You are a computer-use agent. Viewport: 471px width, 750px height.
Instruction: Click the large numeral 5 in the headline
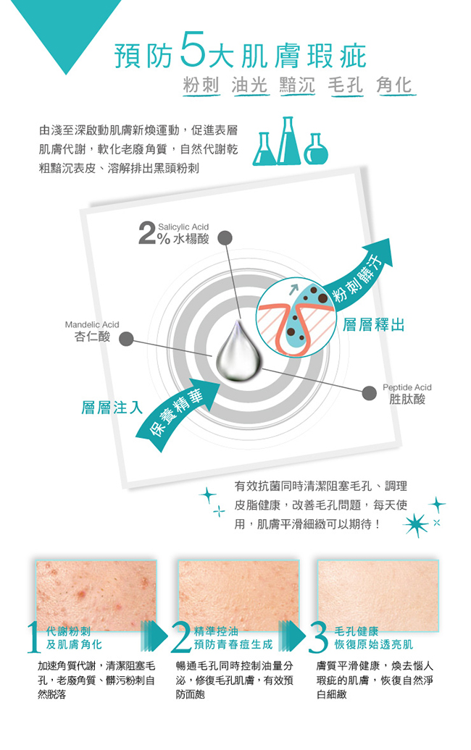(194, 50)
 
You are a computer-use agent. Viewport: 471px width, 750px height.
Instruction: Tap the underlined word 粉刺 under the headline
(201, 85)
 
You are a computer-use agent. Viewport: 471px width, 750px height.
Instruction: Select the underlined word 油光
(249, 85)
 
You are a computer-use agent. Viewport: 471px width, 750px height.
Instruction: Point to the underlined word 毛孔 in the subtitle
(345, 85)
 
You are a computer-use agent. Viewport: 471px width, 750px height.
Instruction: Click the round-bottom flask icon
(316, 149)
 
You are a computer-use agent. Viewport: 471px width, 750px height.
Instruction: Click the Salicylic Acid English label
(183, 227)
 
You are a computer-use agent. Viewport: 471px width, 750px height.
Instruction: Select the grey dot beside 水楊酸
(225, 238)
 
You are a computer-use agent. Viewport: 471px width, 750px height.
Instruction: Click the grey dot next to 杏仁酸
(126, 339)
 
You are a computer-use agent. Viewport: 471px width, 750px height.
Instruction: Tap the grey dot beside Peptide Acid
(368, 393)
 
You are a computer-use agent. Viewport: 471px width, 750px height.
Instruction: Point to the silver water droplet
(238, 352)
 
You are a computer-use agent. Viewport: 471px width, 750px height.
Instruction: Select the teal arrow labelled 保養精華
(177, 411)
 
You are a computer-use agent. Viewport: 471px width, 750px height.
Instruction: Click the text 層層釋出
(373, 325)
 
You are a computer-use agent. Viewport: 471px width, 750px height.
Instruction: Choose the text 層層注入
(112, 408)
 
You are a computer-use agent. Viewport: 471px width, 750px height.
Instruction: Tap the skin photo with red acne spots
(96, 595)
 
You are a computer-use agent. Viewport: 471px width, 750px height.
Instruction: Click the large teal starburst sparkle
(415, 525)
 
